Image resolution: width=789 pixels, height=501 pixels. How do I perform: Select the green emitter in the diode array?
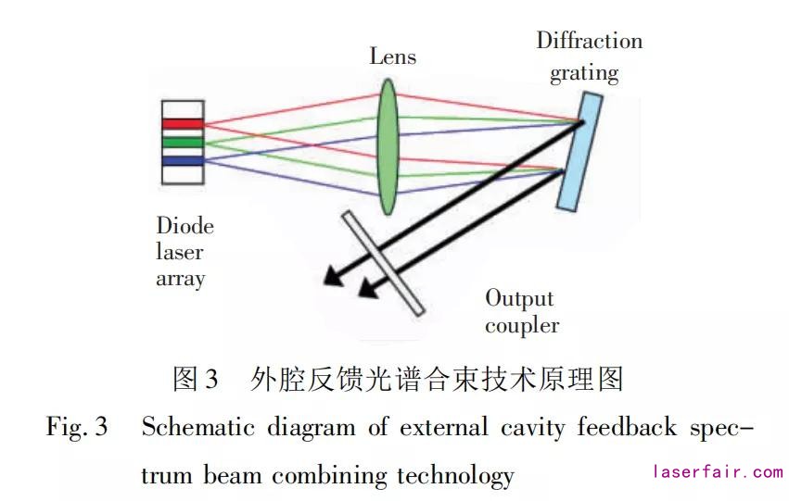tap(182, 142)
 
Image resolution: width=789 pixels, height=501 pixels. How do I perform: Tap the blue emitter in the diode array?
tap(182, 160)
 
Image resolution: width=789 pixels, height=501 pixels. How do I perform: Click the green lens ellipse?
tap(388, 147)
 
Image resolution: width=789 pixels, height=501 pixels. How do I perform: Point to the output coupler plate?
tap(383, 262)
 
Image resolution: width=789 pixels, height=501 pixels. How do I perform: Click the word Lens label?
tap(393, 56)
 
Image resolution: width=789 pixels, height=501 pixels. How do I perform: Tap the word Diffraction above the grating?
tap(589, 41)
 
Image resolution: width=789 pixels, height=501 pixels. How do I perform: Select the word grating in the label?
tap(584, 72)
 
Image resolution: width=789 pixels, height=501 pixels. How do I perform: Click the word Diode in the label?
tap(185, 226)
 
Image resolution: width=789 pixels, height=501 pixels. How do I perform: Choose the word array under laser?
tap(181, 278)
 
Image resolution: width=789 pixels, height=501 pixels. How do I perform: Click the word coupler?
tap(522, 325)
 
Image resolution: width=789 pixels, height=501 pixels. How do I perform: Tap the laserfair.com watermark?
tap(718, 472)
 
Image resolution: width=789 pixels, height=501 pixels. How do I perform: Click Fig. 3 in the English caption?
tap(78, 428)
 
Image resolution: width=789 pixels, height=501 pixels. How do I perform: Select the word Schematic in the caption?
tap(196, 428)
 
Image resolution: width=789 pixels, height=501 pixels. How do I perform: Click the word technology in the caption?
tap(455, 476)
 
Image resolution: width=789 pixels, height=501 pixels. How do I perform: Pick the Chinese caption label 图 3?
tap(196, 378)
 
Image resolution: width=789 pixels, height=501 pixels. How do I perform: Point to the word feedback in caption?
tap(625, 428)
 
